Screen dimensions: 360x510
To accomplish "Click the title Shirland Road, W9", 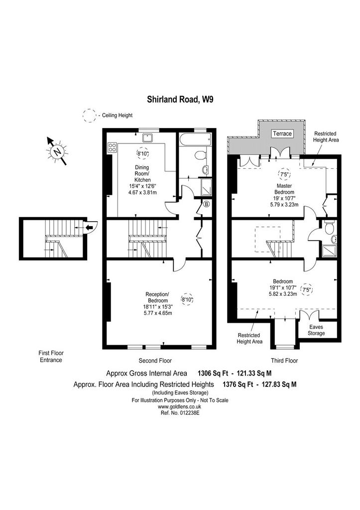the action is [180, 99].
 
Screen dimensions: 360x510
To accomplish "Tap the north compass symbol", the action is [58, 151].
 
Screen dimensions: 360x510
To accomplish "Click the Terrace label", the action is [282, 133].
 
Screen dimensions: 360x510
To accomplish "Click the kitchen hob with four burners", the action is [112, 147].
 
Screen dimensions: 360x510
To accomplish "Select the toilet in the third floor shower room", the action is [329, 227].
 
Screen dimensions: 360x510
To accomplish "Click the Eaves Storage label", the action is [316, 330].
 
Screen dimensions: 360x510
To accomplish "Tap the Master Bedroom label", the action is [284, 189].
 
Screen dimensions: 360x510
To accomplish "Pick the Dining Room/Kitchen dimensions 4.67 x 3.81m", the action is [142, 192].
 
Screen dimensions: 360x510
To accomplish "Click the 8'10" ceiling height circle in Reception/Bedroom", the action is [187, 299].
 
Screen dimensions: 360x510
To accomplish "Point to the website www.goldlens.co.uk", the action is [180, 406].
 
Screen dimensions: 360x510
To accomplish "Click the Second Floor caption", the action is [155, 361].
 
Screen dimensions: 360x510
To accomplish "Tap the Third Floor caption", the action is [284, 361].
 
